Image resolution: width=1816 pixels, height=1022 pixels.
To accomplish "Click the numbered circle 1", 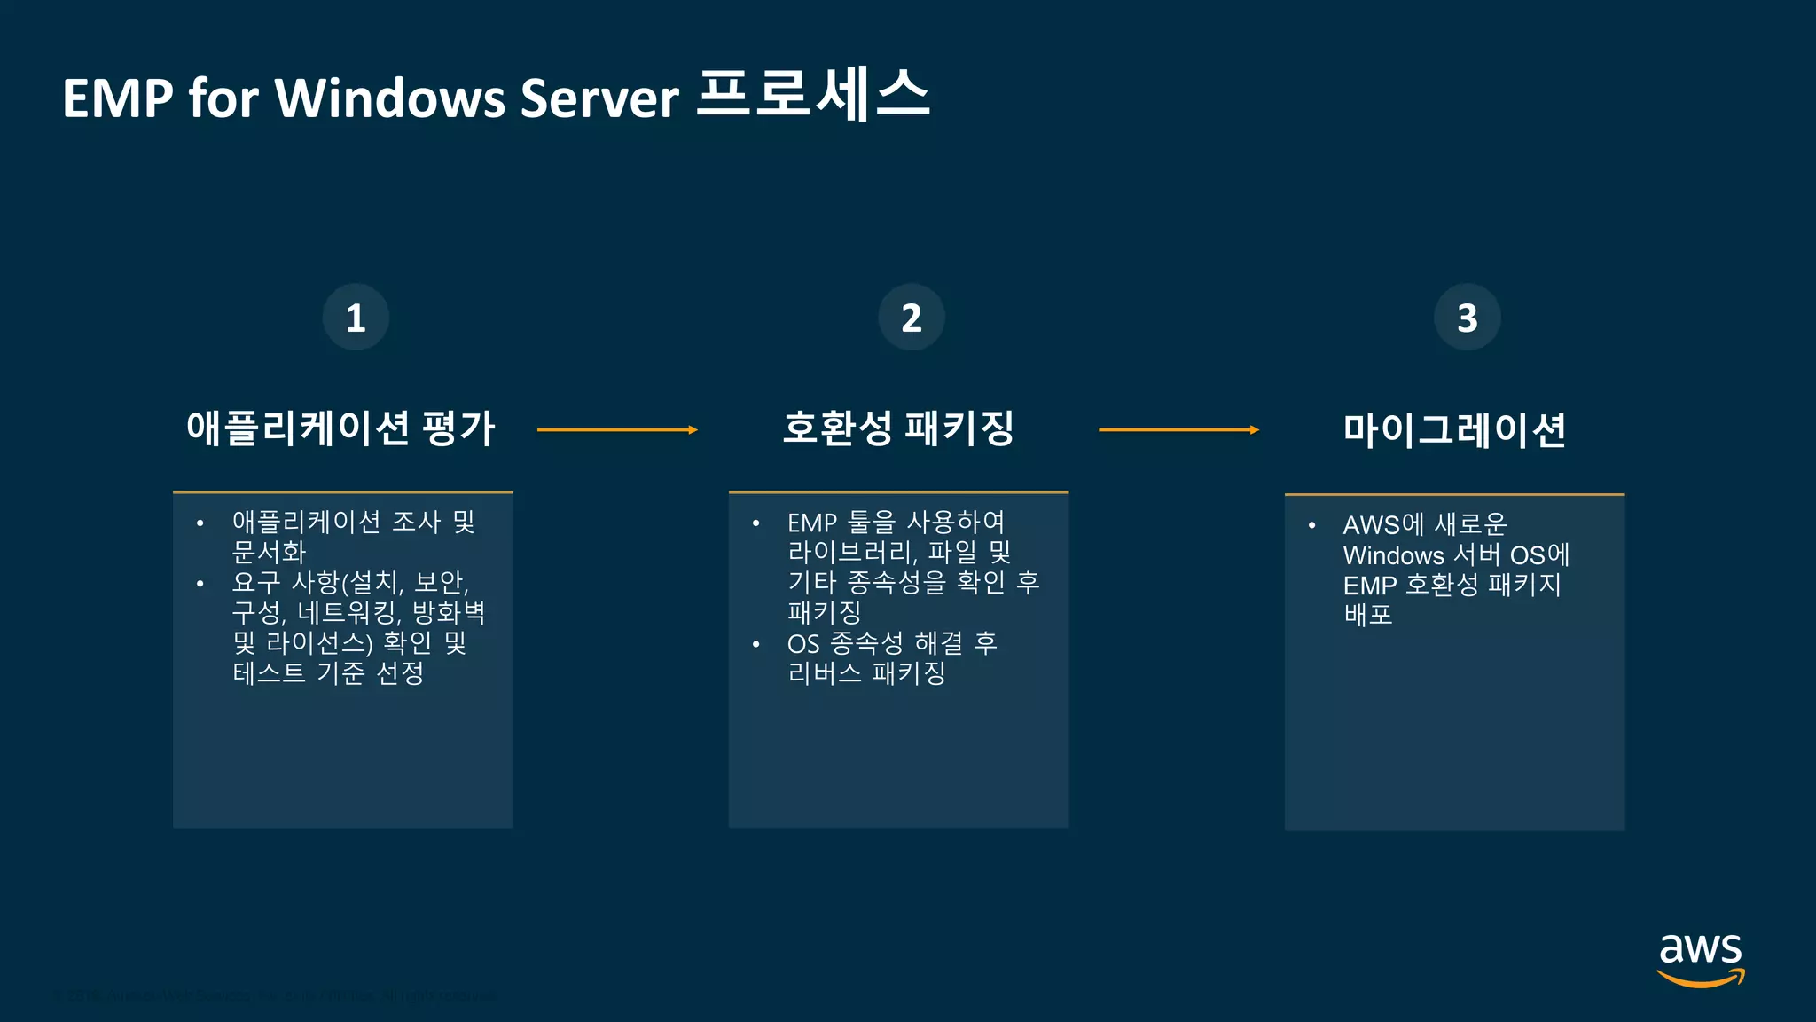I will click(356, 318).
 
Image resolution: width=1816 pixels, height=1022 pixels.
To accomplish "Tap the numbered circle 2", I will click(912, 318).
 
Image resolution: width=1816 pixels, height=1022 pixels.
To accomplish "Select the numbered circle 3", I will click(1468, 318).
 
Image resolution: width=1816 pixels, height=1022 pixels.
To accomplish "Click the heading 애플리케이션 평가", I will click(340, 429).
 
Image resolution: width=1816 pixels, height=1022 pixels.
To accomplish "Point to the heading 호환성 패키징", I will click(898, 429).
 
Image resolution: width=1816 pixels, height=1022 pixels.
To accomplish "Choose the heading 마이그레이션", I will click(1454, 430).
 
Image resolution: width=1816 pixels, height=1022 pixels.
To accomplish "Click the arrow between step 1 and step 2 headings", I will click(617, 430).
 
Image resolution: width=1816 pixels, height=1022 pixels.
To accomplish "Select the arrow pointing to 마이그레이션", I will click(1178, 430).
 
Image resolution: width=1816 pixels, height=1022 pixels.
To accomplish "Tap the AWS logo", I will click(1700, 958).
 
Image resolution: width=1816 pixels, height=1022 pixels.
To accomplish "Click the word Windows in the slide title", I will click(388, 98).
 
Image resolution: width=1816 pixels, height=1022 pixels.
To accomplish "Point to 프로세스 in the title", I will click(813, 94).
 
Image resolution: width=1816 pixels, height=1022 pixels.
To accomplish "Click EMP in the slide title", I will click(117, 98).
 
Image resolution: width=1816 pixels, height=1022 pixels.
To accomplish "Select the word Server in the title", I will click(599, 98).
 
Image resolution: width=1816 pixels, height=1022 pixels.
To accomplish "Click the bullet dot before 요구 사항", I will click(200, 584).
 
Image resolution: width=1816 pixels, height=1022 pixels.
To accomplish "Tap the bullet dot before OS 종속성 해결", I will click(755, 644).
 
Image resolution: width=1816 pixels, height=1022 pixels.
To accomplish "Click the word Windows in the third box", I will click(1394, 556).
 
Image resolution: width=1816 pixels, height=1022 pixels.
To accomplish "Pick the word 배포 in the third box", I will click(1368, 615).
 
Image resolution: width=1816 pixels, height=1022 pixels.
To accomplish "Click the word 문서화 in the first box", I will click(269, 553).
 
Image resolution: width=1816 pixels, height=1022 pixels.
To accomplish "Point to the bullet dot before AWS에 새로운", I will click(1311, 525).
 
